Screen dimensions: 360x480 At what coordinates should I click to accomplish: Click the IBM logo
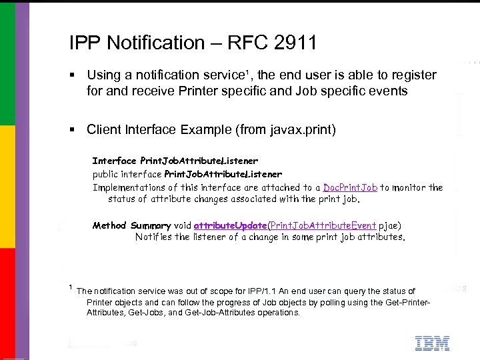click(x=432, y=343)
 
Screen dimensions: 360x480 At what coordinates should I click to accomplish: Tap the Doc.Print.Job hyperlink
click(x=350, y=187)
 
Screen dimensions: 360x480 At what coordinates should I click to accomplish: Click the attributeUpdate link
click(x=230, y=225)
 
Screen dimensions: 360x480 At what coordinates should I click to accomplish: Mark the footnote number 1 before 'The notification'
click(x=70, y=287)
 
